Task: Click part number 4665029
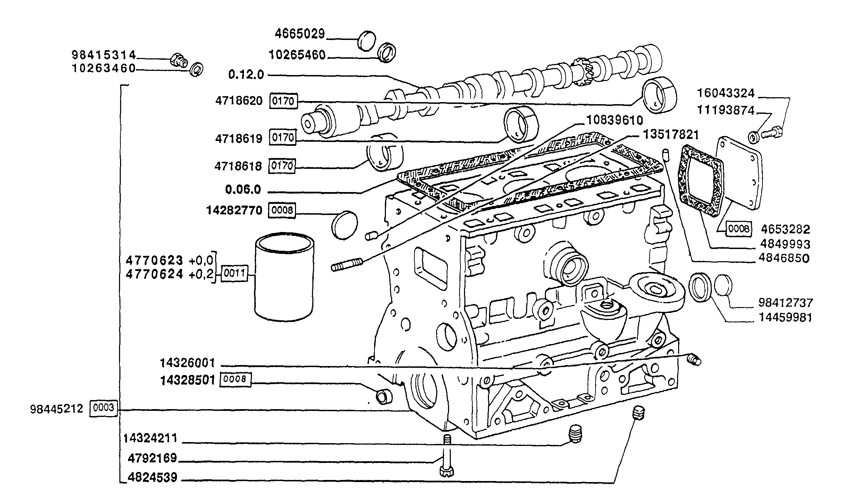[x=300, y=34]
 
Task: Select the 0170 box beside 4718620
[x=284, y=101]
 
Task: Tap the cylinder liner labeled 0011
[x=284, y=277]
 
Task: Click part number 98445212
[x=57, y=409]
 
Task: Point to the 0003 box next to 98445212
[x=104, y=408]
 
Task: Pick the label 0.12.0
[x=246, y=74]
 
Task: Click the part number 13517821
[x=671, y=135]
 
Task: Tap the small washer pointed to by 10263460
[x=196, y=69]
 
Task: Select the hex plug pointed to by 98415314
[x=179, y=61]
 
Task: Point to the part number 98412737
[x=785, y=302]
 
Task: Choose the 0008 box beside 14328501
[x=235, y=380]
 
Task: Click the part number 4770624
[x=154, y=274]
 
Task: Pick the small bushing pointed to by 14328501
[x=384, y=397]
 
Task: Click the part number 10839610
[x=614, y=121]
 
